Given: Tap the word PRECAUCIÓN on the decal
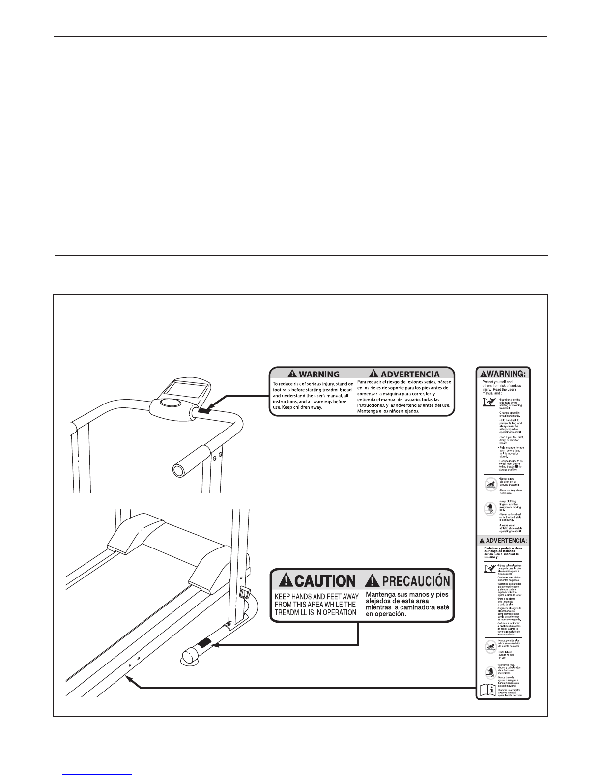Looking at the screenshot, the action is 416,581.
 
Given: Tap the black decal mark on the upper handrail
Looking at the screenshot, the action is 204,409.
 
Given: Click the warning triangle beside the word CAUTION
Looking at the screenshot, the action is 285,581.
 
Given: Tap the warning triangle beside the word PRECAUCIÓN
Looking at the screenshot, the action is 372,581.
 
